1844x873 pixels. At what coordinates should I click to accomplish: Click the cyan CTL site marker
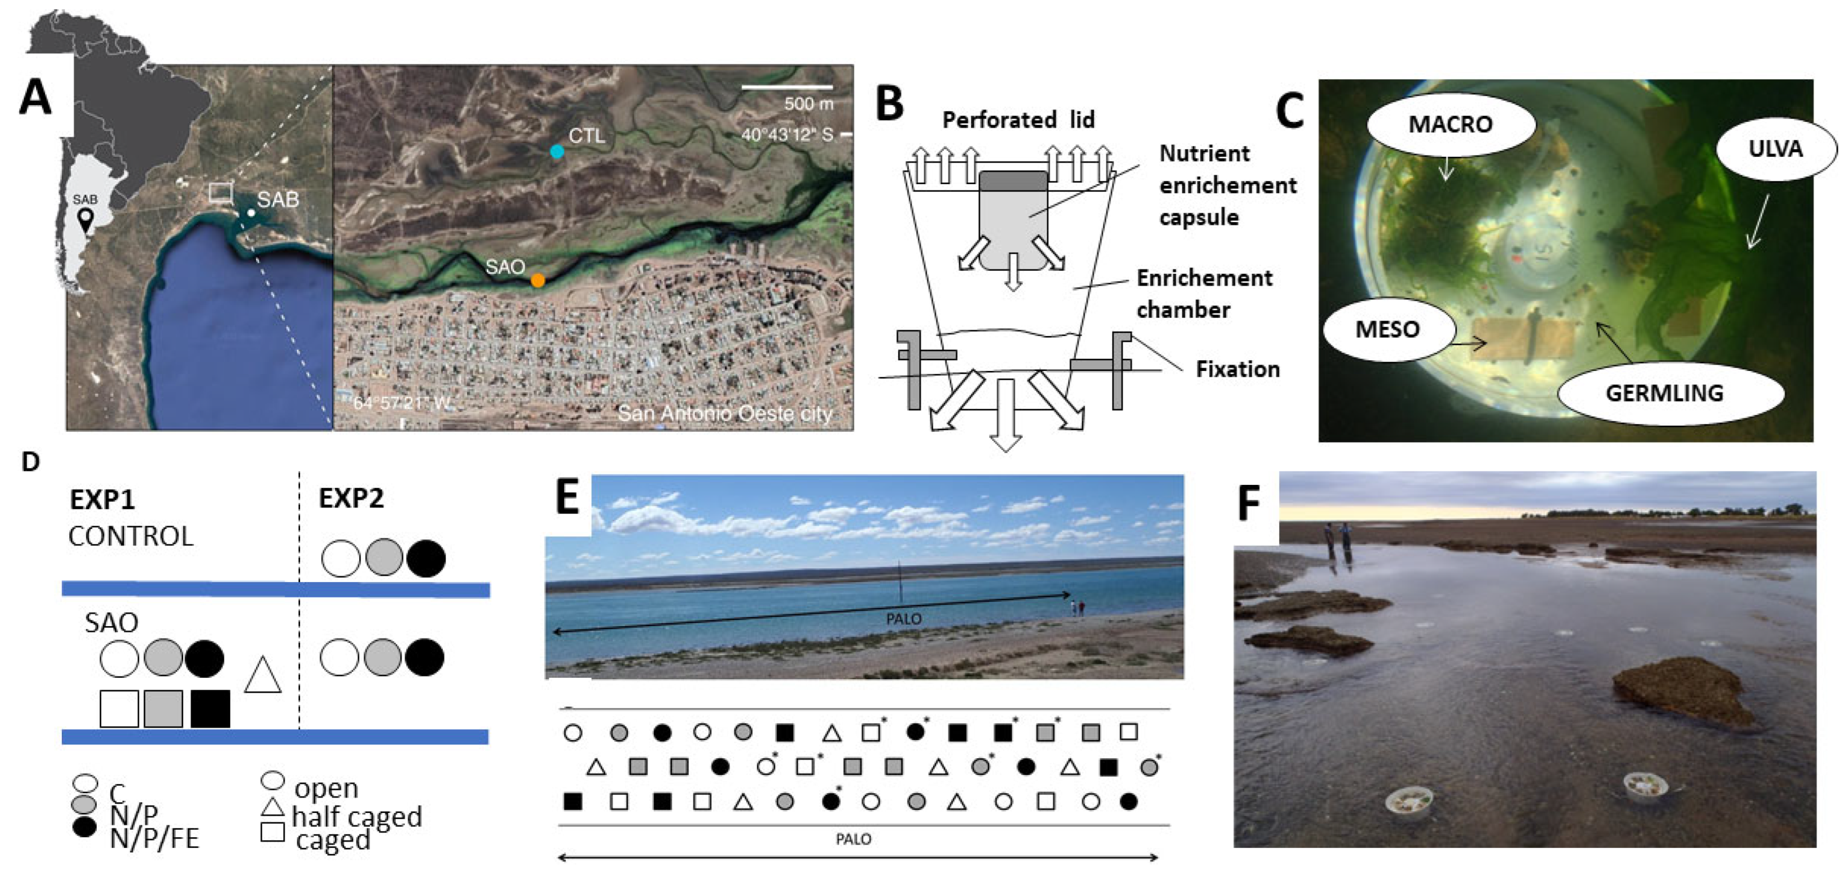pos(556,151)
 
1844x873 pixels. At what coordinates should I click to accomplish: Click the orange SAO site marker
pos(538,281)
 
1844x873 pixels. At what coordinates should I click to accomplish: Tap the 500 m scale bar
pos(787,88)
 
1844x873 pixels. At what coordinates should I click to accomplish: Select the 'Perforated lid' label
pos(1018,119)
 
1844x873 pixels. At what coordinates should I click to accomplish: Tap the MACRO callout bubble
pos(1450,125)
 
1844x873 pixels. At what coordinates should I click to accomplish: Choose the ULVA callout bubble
pos(1775,149)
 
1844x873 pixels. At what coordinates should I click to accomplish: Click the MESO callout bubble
pos(1387,330)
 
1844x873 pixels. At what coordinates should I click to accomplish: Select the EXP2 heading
pos(351,498)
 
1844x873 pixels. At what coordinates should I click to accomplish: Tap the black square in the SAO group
pos(210,708)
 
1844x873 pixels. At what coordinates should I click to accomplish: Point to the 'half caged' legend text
pos(356,816)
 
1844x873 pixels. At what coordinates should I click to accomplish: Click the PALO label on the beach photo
pos(903,619)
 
